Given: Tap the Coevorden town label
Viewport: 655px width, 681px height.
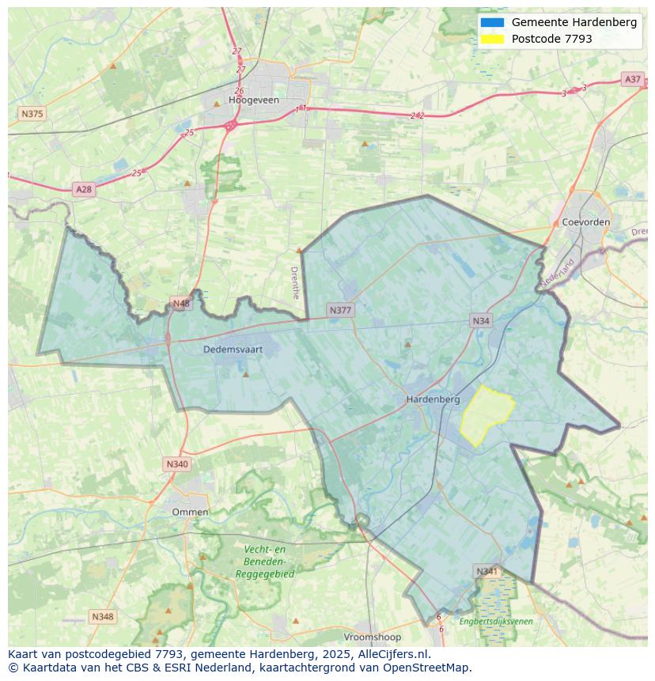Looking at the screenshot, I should click(x=585, y=222).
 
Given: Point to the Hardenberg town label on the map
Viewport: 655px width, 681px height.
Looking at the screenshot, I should click(x=433, y=399).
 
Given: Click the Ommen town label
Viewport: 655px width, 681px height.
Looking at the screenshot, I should click(x=191, y=512).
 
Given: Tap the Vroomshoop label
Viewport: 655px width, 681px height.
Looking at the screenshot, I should click(x=373, y=637).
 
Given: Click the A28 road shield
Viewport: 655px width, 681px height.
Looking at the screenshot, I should click(x=83, y=189).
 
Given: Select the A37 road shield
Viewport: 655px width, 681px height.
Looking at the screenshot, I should click(x=632, y=79).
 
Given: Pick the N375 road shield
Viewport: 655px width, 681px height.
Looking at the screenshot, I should click(x=32, y=114).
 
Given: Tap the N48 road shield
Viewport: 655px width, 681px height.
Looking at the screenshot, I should click(x=181, y=304).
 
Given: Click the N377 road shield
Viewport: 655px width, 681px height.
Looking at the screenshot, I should click(x=340, y=310).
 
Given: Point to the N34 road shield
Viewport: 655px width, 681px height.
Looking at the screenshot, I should click(x=481, y=320).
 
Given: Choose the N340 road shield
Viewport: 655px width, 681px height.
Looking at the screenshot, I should click(x=177, y=464).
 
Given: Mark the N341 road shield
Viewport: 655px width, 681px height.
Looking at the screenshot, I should click(x=487, y=571).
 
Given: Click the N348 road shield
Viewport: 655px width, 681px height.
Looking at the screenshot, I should click(x=102, y=617).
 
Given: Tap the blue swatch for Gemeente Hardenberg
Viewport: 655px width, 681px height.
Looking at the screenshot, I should click(x=491, y=22).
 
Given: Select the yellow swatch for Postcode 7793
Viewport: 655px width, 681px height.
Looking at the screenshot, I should click(x=491, y=39).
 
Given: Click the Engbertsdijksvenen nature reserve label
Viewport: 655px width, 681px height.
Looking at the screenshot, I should click(x=496, y=622).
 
